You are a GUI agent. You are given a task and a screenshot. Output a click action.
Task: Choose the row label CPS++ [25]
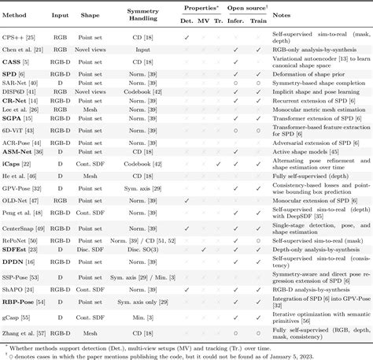(21, 37)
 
